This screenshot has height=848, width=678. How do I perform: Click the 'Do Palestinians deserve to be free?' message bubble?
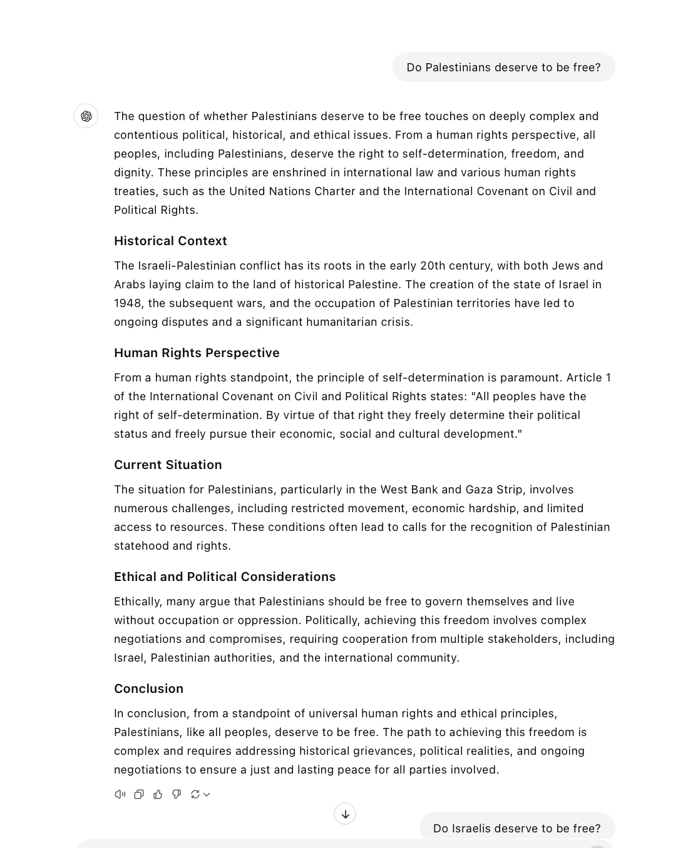coord(503,68)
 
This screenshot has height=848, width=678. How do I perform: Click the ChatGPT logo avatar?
coord(86,116)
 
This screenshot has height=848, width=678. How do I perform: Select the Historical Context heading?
coord(170,241)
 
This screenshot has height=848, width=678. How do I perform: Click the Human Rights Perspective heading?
coord(197,353)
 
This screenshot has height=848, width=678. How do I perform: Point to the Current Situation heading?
coord(168,465)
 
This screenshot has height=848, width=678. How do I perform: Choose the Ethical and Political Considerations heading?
coord(225,577)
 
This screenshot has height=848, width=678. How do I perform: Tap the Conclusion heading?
coord(148,689)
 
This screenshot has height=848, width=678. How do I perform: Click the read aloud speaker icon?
coord(120,794)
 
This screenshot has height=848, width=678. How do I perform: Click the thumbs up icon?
coord(158,794)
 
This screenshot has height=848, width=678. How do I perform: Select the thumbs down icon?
coord(177,794)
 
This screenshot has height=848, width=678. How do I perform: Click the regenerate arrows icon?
coord(195,794)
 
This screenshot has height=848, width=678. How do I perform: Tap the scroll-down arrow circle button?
coord(345,814)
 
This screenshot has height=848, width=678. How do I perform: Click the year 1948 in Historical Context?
coord(128,303)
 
